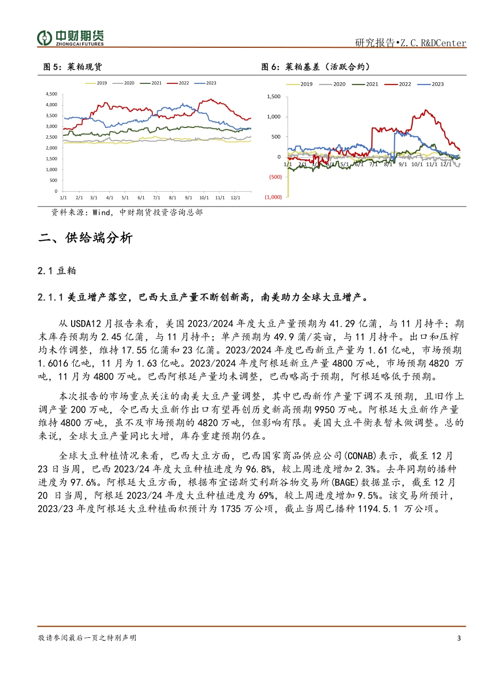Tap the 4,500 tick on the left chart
[x=51, y=94]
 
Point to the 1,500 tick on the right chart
[x=274, y=97]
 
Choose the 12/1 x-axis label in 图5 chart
[x=235, y=198]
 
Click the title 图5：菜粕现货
[x=72, y=67]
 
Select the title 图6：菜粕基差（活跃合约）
[x=316, y=67]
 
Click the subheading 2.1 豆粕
[x=57, y=271]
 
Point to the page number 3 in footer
[x=459, y=638]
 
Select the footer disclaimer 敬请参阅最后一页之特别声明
[x=87, y=638]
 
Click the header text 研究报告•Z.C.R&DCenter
[x=410, y=43]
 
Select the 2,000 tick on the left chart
[x=51, y=148]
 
